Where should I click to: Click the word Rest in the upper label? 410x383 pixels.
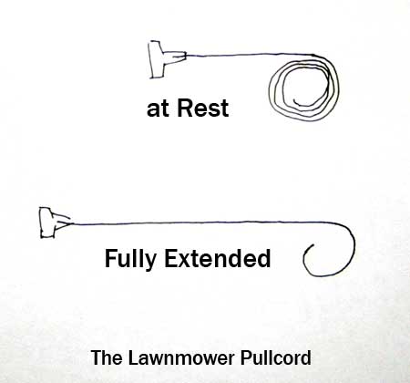pyautogui.click(x=202, y=108)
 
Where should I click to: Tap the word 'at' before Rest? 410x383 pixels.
pyautogui.click(x=157, y=109)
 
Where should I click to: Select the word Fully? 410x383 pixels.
pyautogui.click(x=130, y=259)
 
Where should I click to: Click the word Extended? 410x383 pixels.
pyautogui.click(x=217, y=258)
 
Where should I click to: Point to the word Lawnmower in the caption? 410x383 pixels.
pyautogui.click(x=181, y=357)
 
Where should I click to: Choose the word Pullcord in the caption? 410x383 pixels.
pyautogui.click(x=276, y=357)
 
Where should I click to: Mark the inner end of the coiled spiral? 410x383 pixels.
pyautogui.click(x=294, y=100)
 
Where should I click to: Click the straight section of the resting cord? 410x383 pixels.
pyautogui.click(x=249, y=55)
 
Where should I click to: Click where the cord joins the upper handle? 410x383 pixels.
pyautogui.click(x=186, y=56)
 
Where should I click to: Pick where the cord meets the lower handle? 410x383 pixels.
pyautogui.click(x=72, y=223)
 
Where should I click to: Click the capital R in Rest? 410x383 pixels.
pyautogui.click(x=185, y=108)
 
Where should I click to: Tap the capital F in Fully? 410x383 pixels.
pyautogui.click(x=110, y=258)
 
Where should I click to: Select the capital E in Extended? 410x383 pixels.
pyautogui.click(x=171, y=258)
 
